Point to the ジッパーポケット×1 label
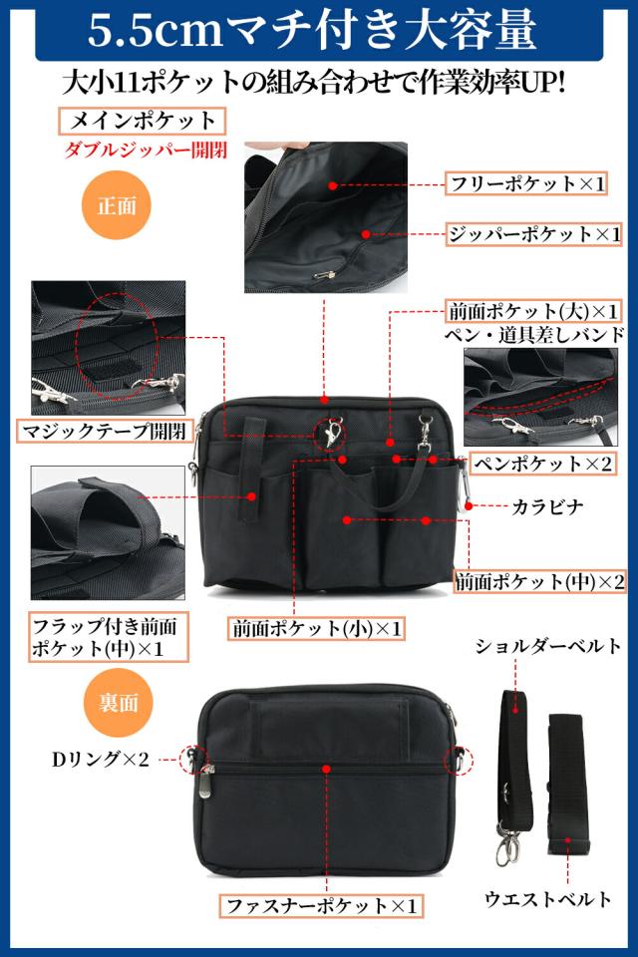coord(533,235)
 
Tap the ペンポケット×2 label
coord(542,463)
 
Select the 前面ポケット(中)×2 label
coord(540,581)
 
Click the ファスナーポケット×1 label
coord(321,906)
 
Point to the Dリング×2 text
coord(100,761)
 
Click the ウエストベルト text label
coord(548,898)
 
